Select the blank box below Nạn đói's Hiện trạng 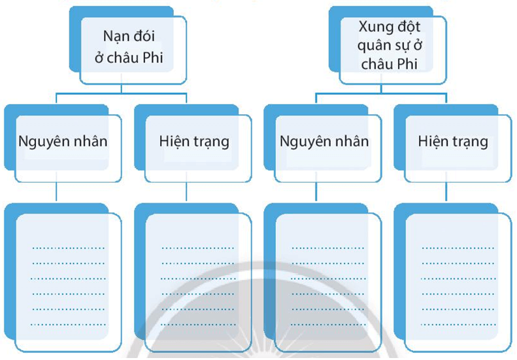coord(197,281)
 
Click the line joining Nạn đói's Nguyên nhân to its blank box coord(57,191)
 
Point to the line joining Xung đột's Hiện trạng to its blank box coord(447,191)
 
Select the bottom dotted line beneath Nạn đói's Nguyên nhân coord(68,323)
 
